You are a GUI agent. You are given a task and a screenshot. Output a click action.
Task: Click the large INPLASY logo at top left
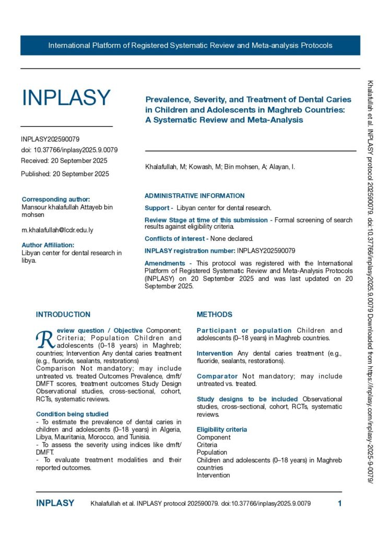(66, 98)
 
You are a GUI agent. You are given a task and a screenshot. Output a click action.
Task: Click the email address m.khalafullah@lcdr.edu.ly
(57, 230)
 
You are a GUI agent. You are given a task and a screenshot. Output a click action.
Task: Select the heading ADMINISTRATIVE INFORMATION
(194, 196)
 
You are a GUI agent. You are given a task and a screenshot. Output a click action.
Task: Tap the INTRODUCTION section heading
(63, 315)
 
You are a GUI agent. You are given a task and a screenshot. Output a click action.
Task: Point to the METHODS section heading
(215, 315)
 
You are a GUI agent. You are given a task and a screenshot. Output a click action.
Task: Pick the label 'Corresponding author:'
(56, 199)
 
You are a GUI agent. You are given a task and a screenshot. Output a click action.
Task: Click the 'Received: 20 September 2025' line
(64, 160)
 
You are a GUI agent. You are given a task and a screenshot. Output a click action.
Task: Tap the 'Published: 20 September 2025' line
(65, 174)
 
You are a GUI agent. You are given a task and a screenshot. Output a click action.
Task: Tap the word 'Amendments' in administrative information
(164, 263)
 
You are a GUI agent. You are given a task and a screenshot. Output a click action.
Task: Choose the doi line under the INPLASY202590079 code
(69, 150)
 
